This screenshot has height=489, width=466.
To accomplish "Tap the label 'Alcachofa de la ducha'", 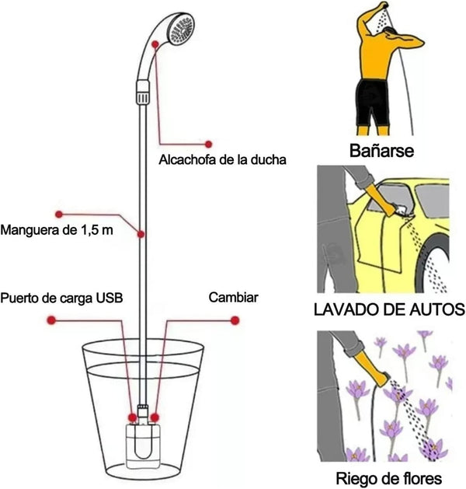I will tap(223, 160).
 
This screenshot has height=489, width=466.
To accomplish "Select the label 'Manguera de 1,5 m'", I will tap(57, 230).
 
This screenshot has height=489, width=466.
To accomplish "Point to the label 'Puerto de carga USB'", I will tap(62, 298).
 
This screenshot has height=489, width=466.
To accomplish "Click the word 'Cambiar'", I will tap(233, 298).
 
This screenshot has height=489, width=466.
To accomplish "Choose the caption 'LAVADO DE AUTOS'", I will tap(388, 310).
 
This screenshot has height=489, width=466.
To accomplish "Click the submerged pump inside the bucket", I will tap(144, 440).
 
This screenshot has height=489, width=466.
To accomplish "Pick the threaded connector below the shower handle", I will tap(141, 98).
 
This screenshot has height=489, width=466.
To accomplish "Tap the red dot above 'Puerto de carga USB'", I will tap(50, 320).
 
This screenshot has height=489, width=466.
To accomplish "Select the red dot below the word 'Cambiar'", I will tap(234, 320).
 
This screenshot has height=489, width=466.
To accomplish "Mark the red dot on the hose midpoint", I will tap(141, 233).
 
